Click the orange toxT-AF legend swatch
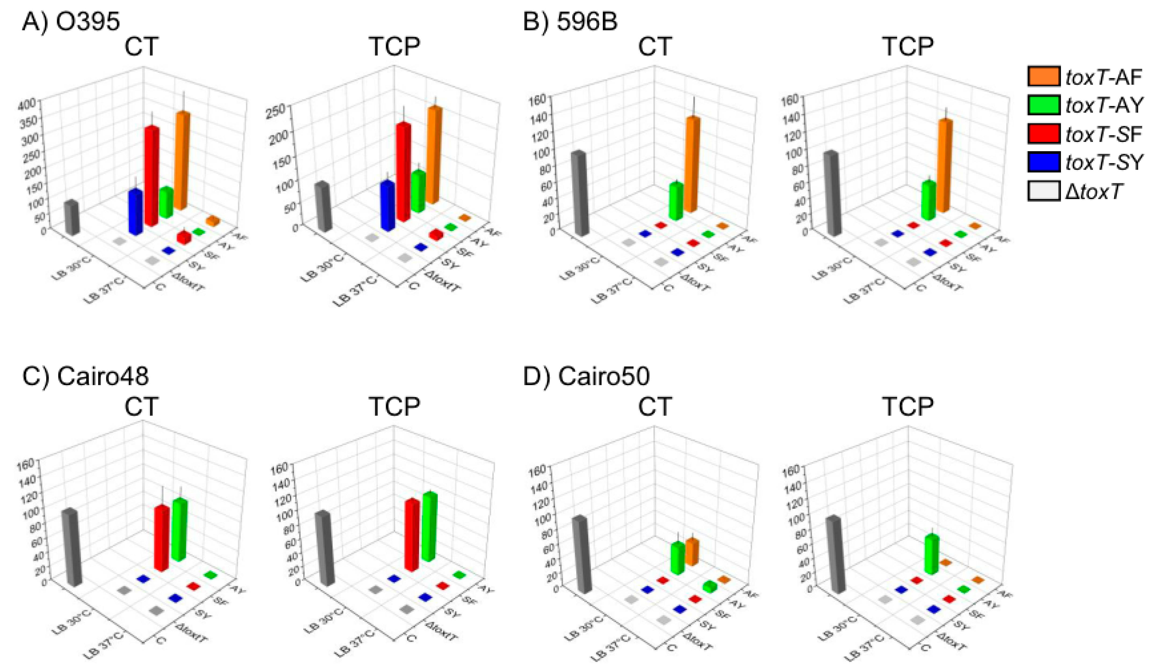(x=1043, y=76)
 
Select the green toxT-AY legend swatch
(x=1043, y=105)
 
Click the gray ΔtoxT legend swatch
(x=1043, y=190)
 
